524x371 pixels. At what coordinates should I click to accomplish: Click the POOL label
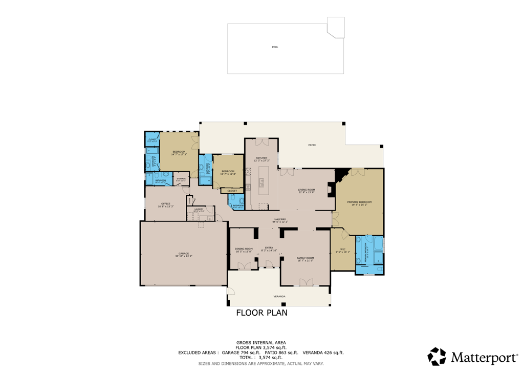[x=275, y=47]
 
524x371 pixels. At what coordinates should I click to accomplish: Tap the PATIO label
[x=312, y=145]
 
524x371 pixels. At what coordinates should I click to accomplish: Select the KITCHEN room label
[x=261, y=158]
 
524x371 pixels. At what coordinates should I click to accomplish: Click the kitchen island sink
[x=261, y=181]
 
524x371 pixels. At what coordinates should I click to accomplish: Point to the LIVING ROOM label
[x=307, y=190]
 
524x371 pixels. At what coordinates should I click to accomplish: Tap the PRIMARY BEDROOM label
[x=359, y=202]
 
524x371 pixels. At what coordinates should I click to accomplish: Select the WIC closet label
[x=342, y=250]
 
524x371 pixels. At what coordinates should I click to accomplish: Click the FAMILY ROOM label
[x=305, y=258]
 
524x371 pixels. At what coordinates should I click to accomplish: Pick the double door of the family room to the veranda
[x=306, y=282]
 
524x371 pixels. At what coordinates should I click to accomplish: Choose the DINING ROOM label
[x=244, y=249]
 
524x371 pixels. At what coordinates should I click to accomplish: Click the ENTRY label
[x=269, y=248]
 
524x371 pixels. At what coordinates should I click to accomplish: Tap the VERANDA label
[x=279, y=296]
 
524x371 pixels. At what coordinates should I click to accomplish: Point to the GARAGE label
[x=184, y=254]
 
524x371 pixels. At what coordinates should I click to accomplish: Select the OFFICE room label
[x=165, y=204]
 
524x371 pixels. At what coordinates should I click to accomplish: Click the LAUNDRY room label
[x=199, y=209]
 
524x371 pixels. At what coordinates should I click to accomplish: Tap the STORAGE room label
[x=181, y=179]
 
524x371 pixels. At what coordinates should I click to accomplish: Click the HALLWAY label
[x=280, y=219]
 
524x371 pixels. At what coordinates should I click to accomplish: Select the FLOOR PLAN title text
[x=261, y=313]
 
